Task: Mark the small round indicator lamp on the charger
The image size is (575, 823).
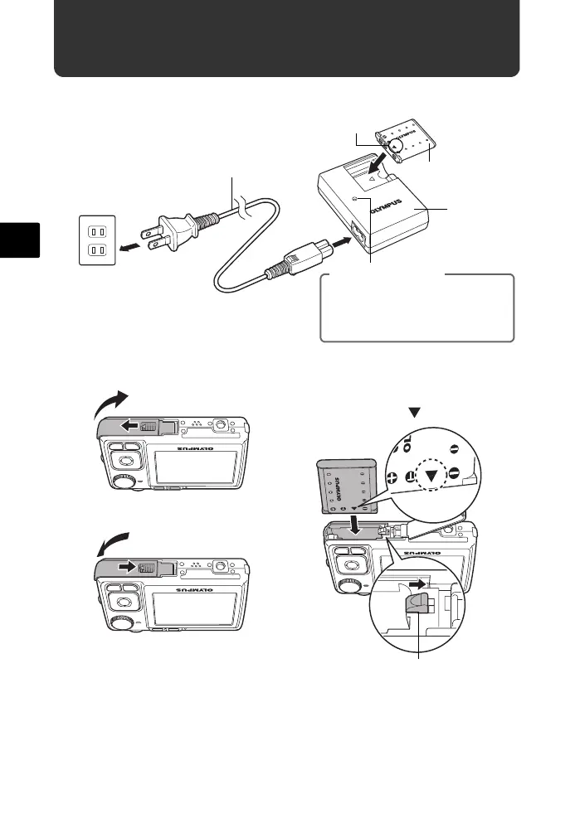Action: tap(354, 200)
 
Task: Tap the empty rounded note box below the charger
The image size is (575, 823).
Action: tap(417, 309)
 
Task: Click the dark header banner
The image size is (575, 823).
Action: tap(286, 39)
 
